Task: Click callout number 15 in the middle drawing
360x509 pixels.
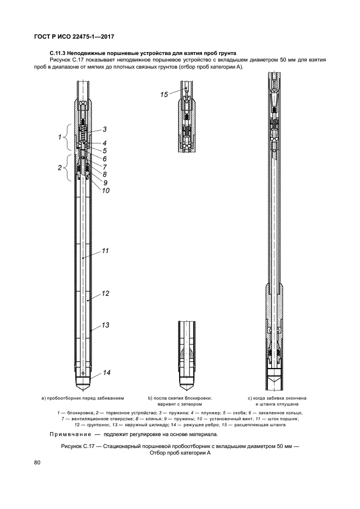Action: (164, 94)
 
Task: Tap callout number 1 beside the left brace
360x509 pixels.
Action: (60, 137)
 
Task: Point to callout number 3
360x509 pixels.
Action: (104, 129)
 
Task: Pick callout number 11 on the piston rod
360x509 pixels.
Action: (106, 251)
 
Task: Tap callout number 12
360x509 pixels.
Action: (106, 293)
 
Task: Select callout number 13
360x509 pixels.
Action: (106, 325)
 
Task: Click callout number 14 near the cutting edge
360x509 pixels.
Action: (107, 372)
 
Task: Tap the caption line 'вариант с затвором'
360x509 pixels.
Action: (179, 404)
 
